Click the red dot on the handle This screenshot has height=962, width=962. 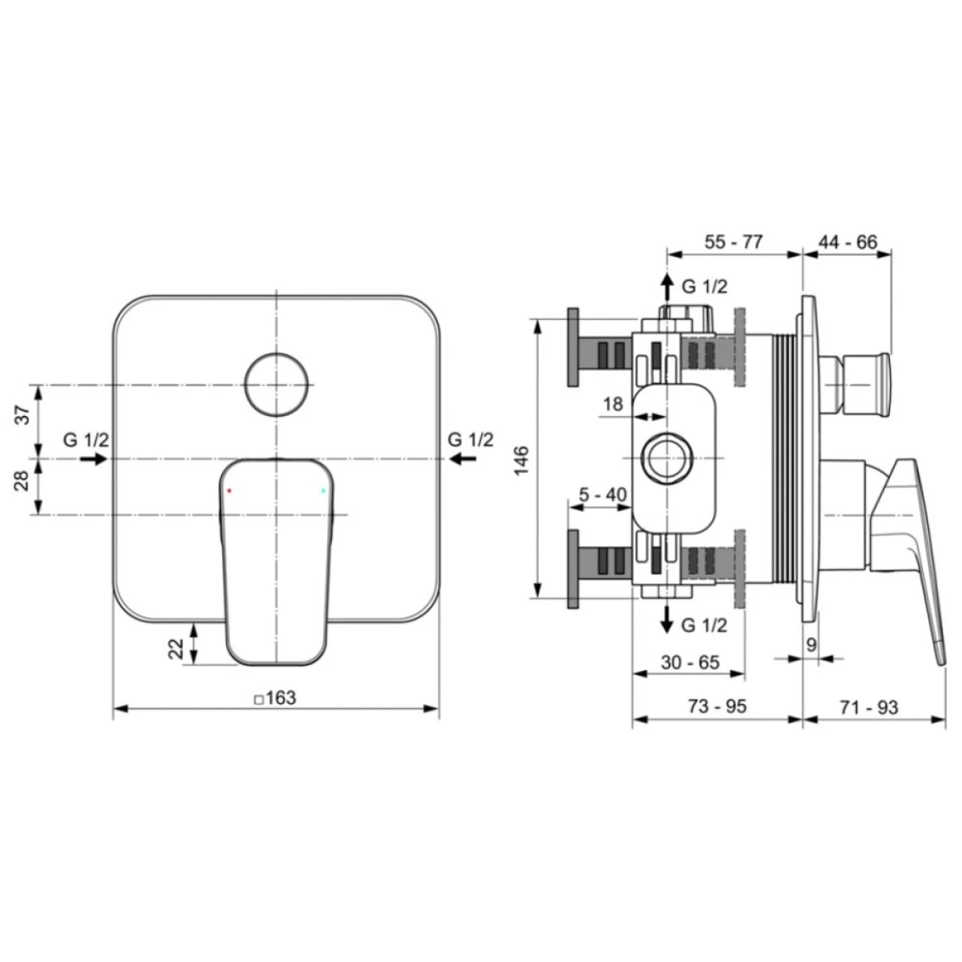point(229,491)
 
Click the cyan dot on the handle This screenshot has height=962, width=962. point(324,491)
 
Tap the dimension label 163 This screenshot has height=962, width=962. point(281,697)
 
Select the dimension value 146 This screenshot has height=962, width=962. point(521,460)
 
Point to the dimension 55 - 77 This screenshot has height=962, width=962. point(734,241)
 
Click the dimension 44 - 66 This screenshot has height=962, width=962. point(847,241)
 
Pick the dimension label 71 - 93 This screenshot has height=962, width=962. point(869,707)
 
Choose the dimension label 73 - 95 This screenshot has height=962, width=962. point(717,706)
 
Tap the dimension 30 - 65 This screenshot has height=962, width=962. point(690,662)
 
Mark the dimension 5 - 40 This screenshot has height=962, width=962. point(603,495)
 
